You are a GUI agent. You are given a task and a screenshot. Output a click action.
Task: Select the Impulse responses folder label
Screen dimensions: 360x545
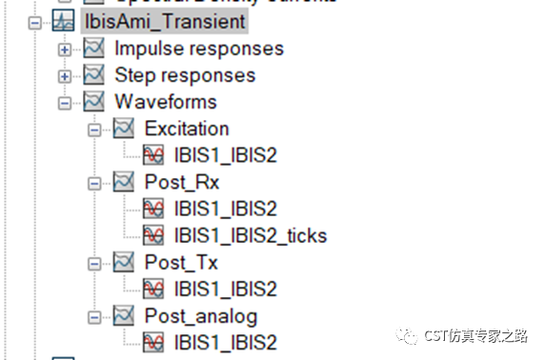click(x=198, y=48)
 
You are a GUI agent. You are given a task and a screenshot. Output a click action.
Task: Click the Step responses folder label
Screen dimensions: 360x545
click(x=185, y=74)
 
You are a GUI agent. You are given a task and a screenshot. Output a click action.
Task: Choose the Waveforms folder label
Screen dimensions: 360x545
click(x=166, y=101)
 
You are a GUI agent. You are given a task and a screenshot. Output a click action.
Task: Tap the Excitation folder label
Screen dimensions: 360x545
click(x=187, y=128)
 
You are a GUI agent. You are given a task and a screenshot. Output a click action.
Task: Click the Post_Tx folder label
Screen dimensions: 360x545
click(x=181, y=262)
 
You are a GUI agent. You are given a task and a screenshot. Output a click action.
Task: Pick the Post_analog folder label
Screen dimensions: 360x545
click(x=201, y=315)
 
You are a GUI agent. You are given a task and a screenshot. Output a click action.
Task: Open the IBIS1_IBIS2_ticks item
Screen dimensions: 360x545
click(x=251, y=234)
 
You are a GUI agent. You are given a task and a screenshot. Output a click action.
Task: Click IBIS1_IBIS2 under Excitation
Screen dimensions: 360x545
click(x=226, y=154)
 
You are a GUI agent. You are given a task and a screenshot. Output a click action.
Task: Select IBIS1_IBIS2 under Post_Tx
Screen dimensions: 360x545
click(x=226, y=289)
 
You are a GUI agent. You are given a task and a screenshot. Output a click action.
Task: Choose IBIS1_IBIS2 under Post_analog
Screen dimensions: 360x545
click(x=226, y=342)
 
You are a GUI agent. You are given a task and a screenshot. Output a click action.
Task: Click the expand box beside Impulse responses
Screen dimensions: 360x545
click(x=65, y=49)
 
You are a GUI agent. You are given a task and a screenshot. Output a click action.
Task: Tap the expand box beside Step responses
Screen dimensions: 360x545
click(x=65, y=75)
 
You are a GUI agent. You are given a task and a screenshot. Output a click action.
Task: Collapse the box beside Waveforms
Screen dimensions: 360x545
click(x=65, y=102)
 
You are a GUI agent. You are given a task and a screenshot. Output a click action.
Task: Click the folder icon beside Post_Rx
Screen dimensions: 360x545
click(x=125, y=181)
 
